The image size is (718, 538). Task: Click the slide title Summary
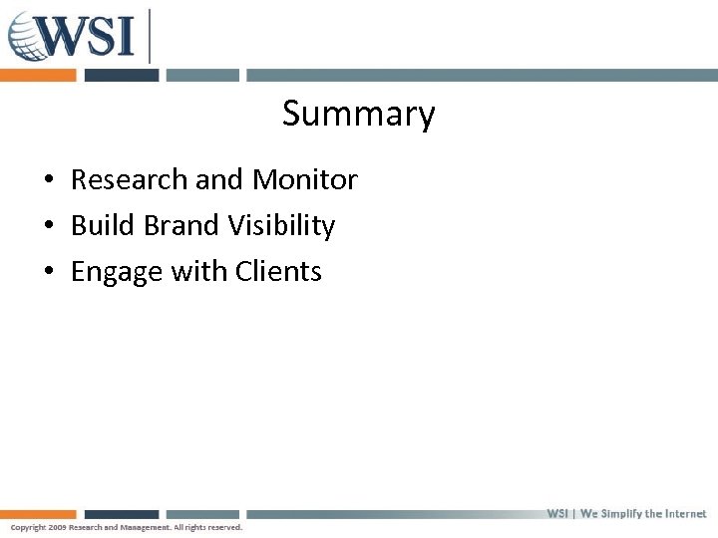[x=358, y=114]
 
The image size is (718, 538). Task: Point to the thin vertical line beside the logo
[x=150, y=36]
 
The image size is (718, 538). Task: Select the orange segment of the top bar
[x=38, y=75]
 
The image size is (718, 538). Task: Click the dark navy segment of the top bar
[x=121, y=75]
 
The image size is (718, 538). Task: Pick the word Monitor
[x=304, y=180]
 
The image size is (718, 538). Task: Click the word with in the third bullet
[x=199, y=272]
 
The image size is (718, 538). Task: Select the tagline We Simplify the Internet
[x=643, y=514]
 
